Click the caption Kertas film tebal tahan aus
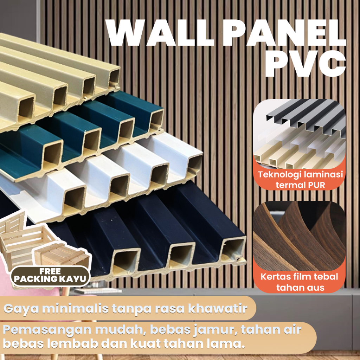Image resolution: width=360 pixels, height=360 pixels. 299,282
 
